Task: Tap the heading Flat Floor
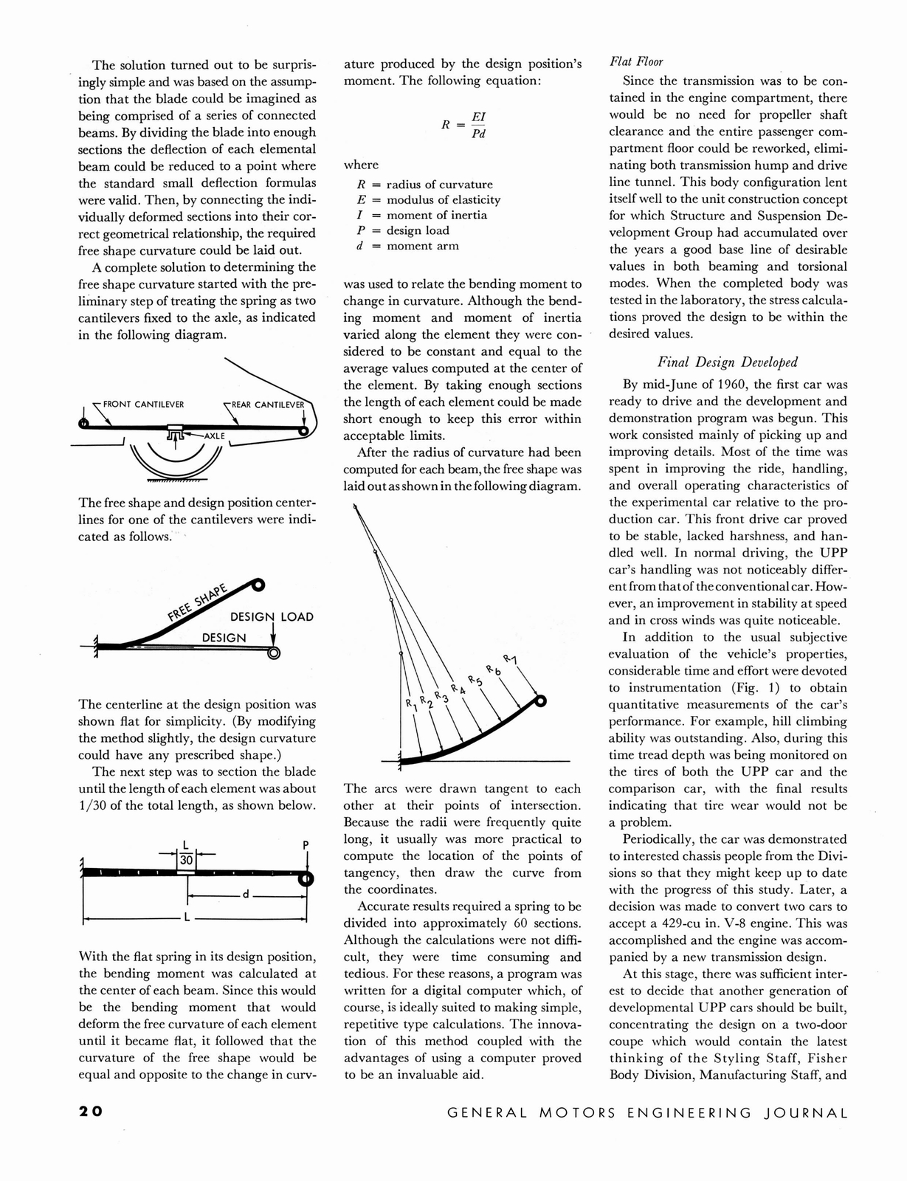(636, 62)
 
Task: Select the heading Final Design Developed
(728, 362)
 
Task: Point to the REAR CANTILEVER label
(268, 404)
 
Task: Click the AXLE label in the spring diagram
(215, 436)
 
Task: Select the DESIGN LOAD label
(272, 617)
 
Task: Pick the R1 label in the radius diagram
(410, 706)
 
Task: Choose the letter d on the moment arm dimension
(246, 895)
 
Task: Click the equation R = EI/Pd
(464, 124)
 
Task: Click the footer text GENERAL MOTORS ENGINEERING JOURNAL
(648, 1113)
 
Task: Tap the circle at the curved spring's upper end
(540, 700)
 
